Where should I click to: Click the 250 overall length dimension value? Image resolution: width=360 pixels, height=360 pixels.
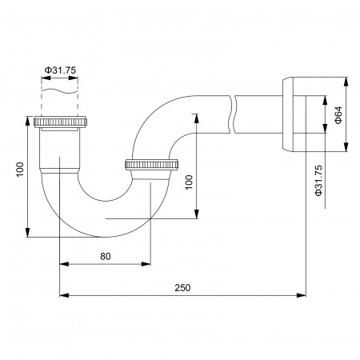point(183,287)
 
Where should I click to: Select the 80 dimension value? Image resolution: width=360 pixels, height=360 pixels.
point(106,255)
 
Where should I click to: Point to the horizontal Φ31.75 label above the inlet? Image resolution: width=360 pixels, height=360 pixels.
point(61,70)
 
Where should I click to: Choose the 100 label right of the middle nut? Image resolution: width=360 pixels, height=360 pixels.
point(190,182)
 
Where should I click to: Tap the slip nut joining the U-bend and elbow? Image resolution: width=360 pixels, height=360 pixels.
point(152,166)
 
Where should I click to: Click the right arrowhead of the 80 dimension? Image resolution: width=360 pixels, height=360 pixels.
point(148,262)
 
